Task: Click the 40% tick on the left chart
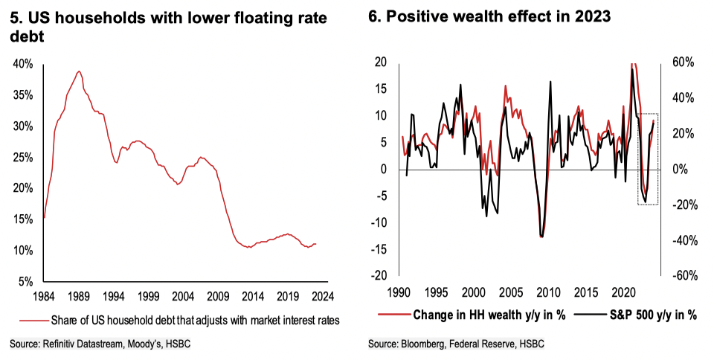click(x=23, y=64)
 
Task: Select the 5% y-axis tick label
click(x=25, y=282)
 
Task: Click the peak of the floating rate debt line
click(x=78, y=71)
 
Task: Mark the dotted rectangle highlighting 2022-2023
click(x=648, y=159)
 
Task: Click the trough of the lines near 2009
click(x=541, y=236)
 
